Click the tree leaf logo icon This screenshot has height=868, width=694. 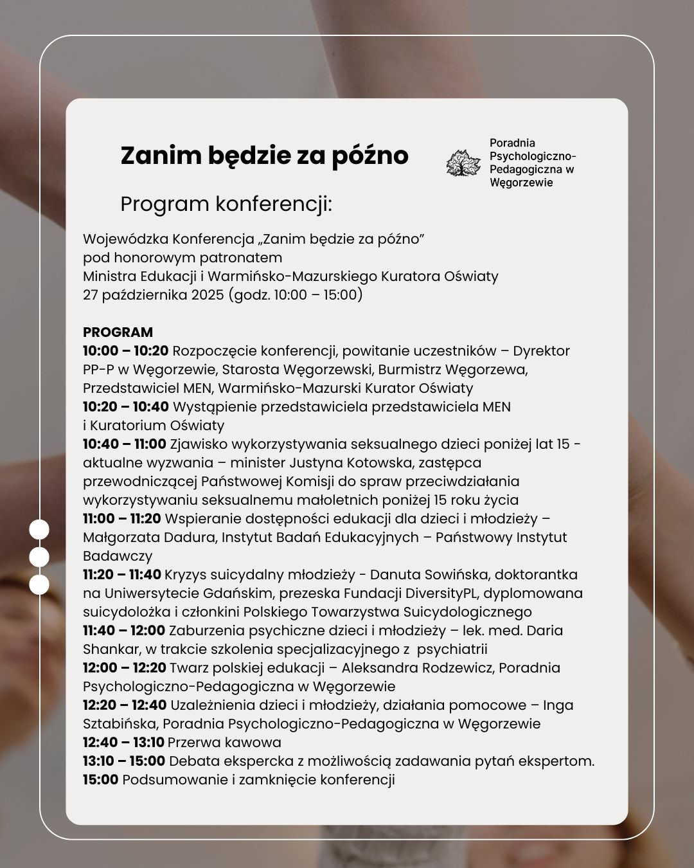point(463,163)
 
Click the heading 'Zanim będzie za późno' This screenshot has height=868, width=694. point(264,156)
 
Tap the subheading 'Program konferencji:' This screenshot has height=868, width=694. point(226,204)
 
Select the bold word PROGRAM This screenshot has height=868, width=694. point(118,332)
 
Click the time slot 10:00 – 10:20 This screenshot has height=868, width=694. point(125,351)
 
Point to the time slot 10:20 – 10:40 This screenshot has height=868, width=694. point(125,407)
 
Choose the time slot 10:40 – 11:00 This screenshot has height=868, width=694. point(124,444)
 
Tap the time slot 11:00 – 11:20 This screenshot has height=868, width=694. point(121,519)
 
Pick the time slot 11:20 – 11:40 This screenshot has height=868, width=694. point(121,575)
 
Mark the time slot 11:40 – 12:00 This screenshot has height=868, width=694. point(123,631)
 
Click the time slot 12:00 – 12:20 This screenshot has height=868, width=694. point(124,668)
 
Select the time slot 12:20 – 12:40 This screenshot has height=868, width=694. point(125,705)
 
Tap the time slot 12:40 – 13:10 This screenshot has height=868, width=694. point(123,743)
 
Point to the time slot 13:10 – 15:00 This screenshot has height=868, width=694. point(123,761)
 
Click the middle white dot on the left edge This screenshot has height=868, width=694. point(39,557)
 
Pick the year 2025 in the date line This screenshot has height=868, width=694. point(202,295)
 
